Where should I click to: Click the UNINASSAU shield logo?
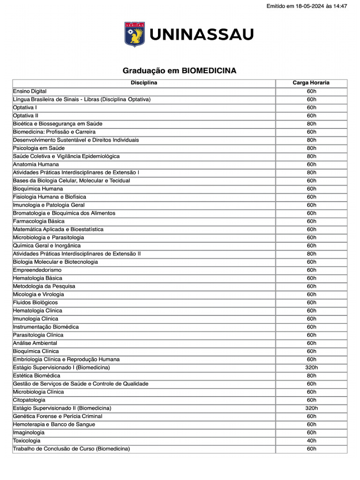[135, 34]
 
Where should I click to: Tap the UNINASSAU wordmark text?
[202, 35]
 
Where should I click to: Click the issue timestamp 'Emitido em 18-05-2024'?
[307, 6]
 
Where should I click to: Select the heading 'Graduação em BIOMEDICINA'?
[180, 71]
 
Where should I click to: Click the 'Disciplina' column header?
[144, 83]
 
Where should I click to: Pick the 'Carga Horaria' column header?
[311, 83]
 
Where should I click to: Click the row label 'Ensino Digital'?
[30, 91]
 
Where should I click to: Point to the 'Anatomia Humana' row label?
[36, 165]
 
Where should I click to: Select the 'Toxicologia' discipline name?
[27, 441]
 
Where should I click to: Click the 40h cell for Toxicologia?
[311, 441]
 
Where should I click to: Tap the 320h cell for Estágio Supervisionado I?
[311, 367]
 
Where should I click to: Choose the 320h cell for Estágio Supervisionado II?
[311, 408]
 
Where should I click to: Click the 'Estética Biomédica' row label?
[37, 375]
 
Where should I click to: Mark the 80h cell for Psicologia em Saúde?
[311, 148]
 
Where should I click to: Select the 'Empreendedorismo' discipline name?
[37, 270]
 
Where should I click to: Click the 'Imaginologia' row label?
[29, 433]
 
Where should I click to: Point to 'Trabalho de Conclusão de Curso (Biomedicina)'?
[71, 449]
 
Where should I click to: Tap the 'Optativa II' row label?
[26, 116]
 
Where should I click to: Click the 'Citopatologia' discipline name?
[29, 400]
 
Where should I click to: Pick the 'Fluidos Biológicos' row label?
[36, 302]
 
